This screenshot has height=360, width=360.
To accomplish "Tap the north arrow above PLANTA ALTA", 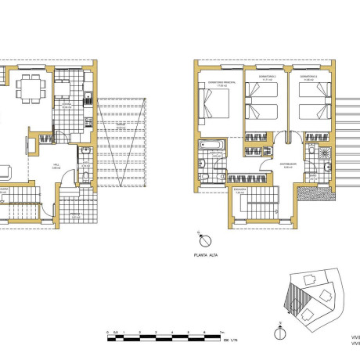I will [201, 236].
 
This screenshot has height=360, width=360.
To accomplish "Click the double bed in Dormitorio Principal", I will [218, 104].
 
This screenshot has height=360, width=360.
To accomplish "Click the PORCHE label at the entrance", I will [76, 212].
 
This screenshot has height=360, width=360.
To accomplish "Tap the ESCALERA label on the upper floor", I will [239, 189].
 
